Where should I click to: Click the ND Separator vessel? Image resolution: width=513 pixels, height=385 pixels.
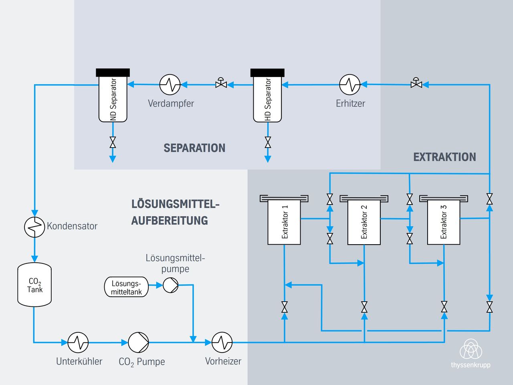click(113, 99)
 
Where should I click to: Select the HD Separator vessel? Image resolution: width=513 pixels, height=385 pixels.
click(267, 99)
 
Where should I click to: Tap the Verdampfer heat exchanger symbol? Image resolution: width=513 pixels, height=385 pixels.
click(170, 85)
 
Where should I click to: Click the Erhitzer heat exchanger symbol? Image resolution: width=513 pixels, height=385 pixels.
click(350, 85)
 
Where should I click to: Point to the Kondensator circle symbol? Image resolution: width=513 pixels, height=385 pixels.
click(34, 227)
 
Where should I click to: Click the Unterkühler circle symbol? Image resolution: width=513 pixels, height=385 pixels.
click(78, 342)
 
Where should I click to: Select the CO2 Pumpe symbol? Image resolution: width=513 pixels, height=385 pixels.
click(138, 342)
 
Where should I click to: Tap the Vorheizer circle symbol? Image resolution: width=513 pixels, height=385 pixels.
click(222, 342)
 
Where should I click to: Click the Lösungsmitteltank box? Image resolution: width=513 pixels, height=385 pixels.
click(126, 287)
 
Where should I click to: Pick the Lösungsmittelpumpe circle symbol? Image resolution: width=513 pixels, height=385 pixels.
click(170, 285)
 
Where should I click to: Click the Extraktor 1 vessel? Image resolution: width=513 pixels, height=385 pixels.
click(284, 222)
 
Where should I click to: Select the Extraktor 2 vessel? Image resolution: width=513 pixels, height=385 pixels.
click(364, 222)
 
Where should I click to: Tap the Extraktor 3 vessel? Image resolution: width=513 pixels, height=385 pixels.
click(444, 222)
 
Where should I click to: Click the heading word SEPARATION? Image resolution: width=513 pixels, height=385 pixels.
click(194, 148)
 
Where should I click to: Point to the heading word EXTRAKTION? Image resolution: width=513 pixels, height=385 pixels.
click(444, 157)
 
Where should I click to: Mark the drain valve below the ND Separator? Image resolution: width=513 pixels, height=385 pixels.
click(113, 142)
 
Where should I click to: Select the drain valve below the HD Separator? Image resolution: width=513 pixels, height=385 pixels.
click(268, 142)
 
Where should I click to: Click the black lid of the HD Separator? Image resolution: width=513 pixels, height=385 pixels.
click(267, 73)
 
